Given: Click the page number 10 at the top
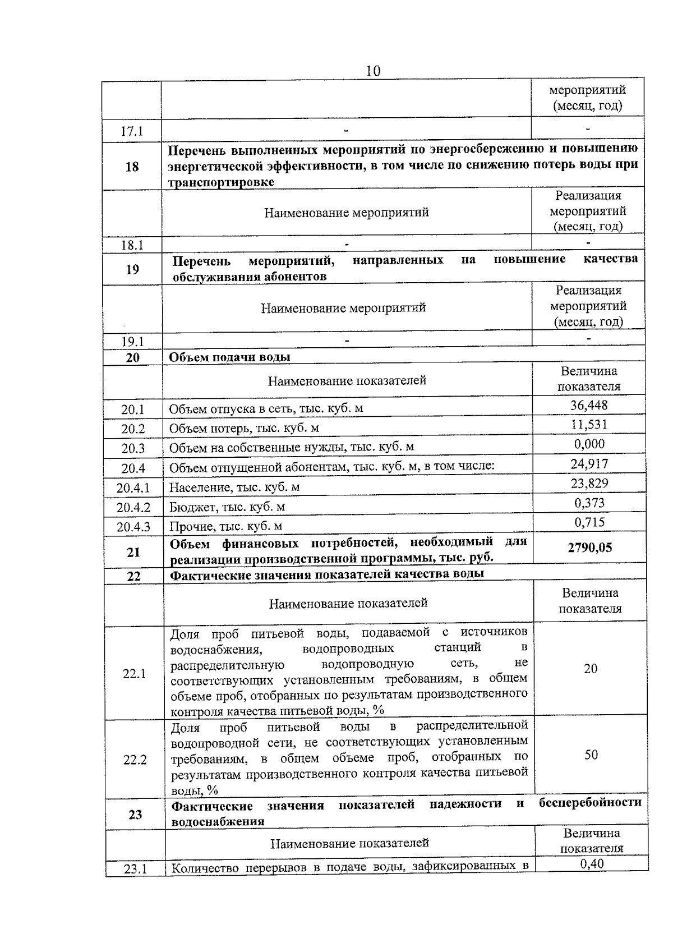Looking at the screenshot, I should pyautogui.click(x=372, y=71).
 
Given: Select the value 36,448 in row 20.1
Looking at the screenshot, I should pyautogui.click(x=588, y=405).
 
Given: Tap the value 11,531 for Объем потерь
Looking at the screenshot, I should pyautogui.click(x=588, y=424).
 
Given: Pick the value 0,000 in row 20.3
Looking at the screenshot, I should pyautogui.click(x=589, y=444).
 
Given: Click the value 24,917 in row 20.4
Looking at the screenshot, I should pyautogui.click(x=589, y=463).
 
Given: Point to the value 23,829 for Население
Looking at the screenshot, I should pyautogui.click(x=589, y=483).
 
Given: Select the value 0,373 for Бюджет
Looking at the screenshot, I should pyautogui.click(x=589, y=503).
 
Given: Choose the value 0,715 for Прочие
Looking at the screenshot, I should pyautogui.click(x=589, y=522).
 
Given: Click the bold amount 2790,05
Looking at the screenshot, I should pyautogui.click(x=589, y=548).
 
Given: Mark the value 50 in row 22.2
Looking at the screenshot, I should pyautogui.click(x=591, y=755).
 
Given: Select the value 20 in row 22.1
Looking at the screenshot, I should pyautogui.click(x=591, y=669).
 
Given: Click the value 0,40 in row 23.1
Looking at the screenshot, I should pyautogui.click(x=592, y=864).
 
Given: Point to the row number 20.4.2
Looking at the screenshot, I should pyautogui.click(x=133, y=508).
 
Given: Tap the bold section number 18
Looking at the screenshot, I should pyautogui.click(x=132, y=167).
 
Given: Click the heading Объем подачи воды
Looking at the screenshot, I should pyautogui.click(x=230, y=357).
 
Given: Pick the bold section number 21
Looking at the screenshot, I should pyautogui.click(x=133, y=553).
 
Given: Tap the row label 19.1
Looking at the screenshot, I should pyautogui.click(x=132, y=342).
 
